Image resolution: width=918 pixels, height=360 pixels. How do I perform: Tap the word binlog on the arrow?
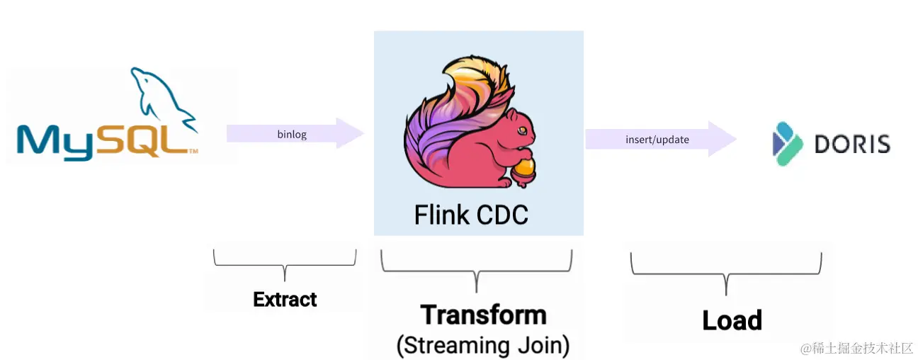pyautogui.click(x=292, y=135)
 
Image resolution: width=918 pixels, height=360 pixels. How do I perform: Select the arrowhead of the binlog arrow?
pyautogui.click(x=350, y=133)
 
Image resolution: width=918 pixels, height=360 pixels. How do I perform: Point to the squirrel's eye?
pyautogui.click(x=522, y=132)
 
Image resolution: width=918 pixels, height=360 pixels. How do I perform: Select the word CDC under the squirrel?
pyautogui.click(x=502, y=214)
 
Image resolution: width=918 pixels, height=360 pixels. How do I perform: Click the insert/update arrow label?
pyautogui.click(x=657, y=140)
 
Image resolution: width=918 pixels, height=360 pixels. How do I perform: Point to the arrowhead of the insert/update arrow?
pyautogui.click(x=722, y=139)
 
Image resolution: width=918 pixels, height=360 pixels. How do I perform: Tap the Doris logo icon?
pyautogui.click(x=786, y=144)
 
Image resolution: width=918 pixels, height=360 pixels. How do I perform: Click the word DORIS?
pyautogui.click(x=852, y=145)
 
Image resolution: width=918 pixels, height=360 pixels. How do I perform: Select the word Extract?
pyautogui.click(x=285, y=300)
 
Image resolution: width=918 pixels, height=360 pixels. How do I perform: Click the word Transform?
pyautogui.click(x=483, y=315)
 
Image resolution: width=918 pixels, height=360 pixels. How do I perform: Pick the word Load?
pyautogui.click(x=732, y=320)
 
